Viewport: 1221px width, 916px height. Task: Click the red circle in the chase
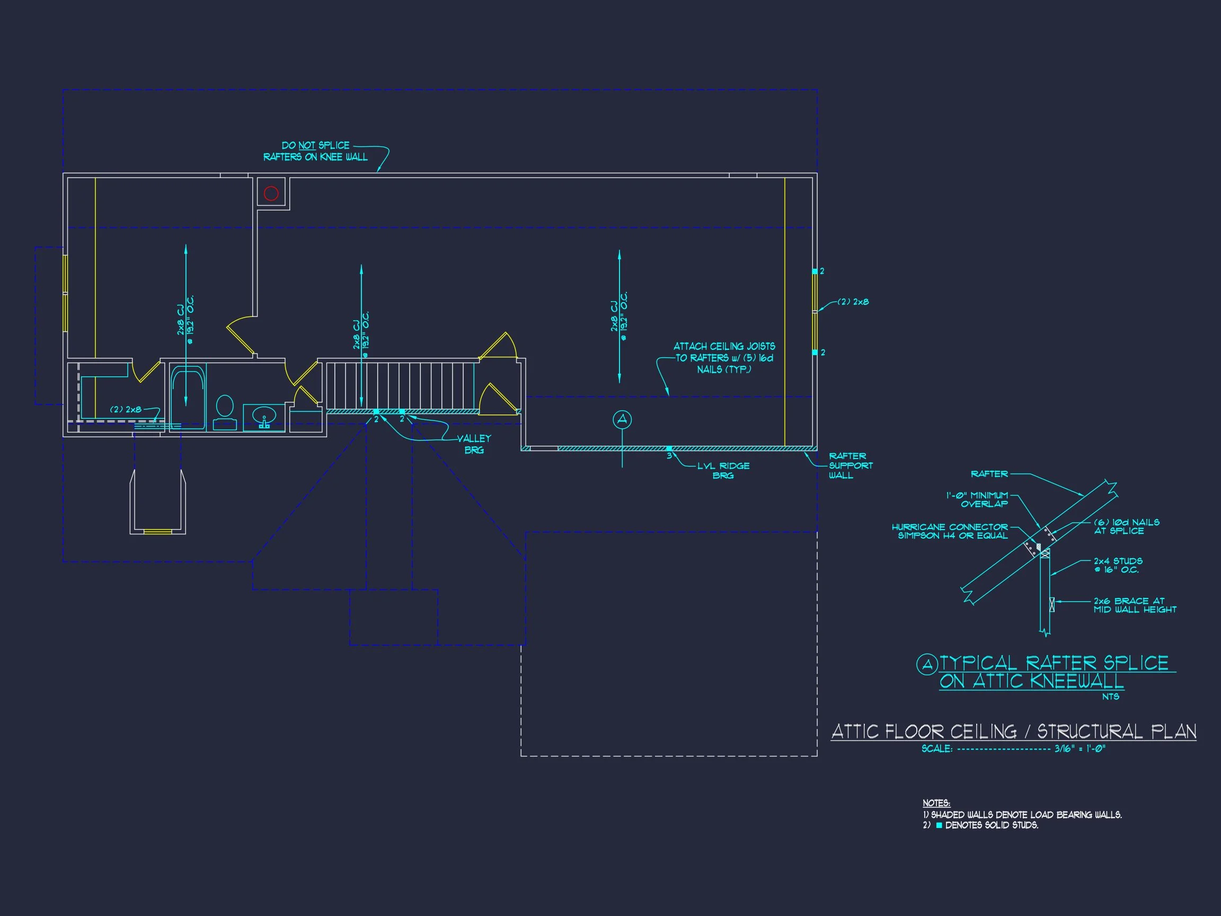click(x=271, y=193)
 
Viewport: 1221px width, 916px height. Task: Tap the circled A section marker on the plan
click(x=622, y=420)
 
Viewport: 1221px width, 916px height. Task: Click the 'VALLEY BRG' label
click(x=474, y=444)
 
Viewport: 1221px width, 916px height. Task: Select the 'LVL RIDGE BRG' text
click(x=723, y=470)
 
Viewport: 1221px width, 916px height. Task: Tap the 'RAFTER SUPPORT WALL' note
click(x=850, y=465)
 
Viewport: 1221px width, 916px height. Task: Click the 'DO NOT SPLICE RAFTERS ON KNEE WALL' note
click(x=315, y=151)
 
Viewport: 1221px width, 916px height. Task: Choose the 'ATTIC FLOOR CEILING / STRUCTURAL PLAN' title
click(x=1013, y=732)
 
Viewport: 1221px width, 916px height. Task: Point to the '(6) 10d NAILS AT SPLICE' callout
click(x=1126, y=526)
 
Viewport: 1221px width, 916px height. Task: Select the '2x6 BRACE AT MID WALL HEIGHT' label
click(x=1134, y=605)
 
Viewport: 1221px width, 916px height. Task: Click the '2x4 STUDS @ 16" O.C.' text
click(x=1118, y=566)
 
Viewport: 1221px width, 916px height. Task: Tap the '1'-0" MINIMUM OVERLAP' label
click(x=978, y=500)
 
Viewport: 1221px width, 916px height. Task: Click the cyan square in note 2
click(x=939, y=825)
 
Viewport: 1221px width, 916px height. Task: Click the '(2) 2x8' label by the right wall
click(x=853, y=302)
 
